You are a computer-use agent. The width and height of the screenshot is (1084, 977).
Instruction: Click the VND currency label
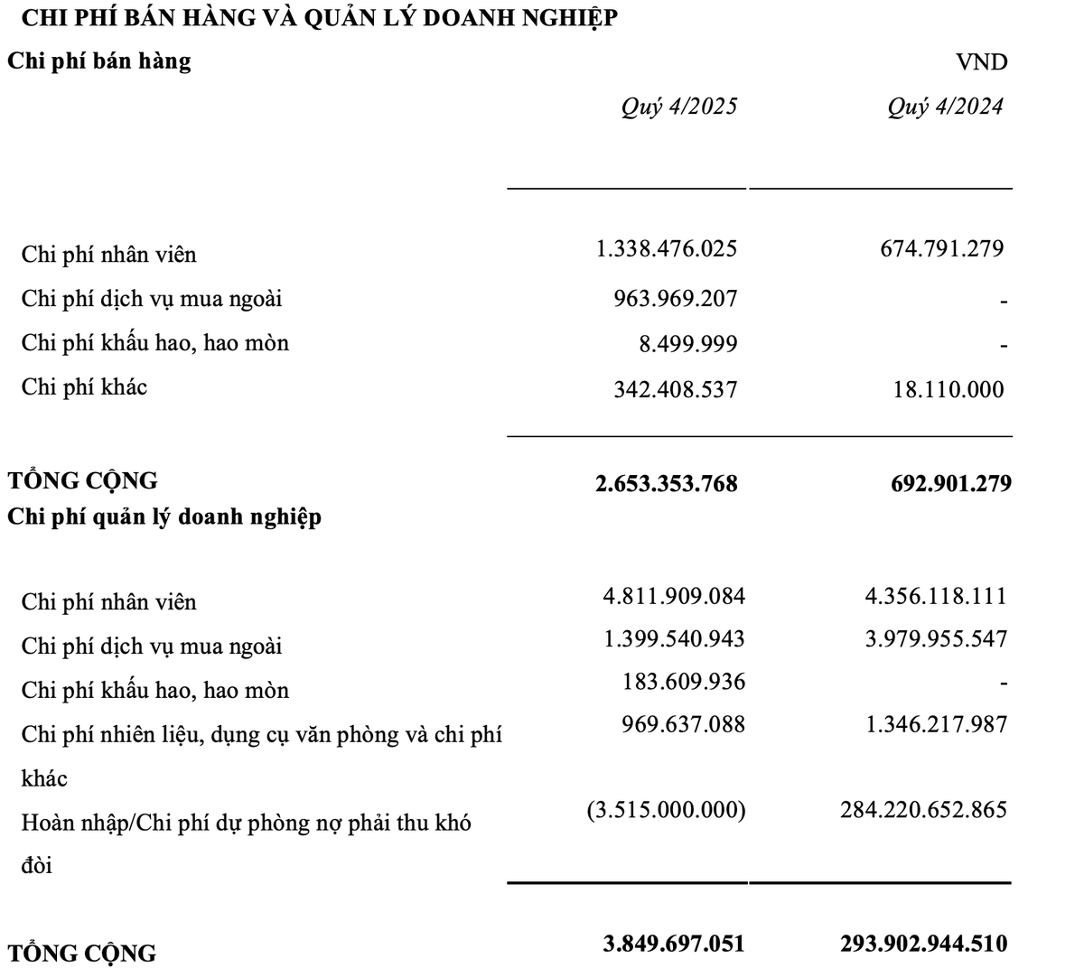pos(981,62)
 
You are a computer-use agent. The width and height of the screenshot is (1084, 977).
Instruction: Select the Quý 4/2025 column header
pos(678,107)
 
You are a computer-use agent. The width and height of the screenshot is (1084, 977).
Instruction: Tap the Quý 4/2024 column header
pos(945,107)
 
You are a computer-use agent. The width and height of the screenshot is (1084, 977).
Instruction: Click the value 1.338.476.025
pos(667,248)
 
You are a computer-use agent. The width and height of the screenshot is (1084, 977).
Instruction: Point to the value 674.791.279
pos(941,248)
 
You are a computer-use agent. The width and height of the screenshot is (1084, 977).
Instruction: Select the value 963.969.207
pos(675,298)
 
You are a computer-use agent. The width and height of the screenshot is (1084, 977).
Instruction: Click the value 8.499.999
pos(687,344)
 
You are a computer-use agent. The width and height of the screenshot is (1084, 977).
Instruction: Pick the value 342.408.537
pos(675,389)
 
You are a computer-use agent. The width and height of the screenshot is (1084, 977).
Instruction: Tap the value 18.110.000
pos(948,389)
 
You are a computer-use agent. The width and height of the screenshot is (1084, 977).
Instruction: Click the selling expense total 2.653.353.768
pos(667,483)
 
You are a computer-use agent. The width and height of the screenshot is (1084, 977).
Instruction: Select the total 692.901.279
pos(950,483)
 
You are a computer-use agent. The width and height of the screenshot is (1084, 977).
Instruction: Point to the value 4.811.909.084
pos(674,596)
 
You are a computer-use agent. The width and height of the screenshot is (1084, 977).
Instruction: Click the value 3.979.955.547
pos(936,639)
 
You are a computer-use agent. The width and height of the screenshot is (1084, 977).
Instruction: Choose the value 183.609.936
pos(683,682)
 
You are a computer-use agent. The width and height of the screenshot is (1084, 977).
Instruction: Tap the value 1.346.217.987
pos(936,724)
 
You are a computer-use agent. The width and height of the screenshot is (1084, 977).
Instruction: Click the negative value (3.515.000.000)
pos(666,810)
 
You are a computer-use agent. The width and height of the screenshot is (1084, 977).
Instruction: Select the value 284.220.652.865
pos(923,810)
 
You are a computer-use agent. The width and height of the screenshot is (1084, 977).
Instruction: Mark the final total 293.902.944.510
pos(923,944)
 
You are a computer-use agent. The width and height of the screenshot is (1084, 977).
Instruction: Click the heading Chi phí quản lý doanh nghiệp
pos(164,517)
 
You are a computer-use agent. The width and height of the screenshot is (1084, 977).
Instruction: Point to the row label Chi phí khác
pos(84,387)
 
